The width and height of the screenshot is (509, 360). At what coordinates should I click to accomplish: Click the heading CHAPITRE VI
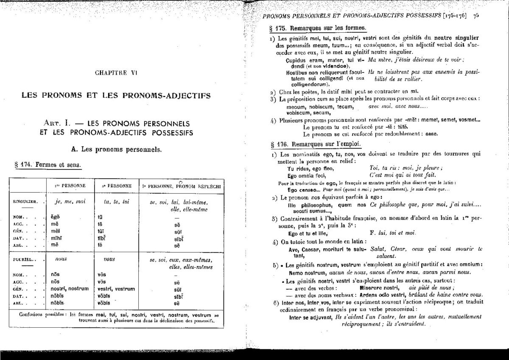point(115,73)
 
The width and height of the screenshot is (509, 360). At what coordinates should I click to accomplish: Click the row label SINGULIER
point(26,202)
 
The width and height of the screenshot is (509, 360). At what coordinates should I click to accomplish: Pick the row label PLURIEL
point(24,259)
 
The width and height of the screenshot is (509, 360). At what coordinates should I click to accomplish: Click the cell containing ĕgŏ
point(56,217)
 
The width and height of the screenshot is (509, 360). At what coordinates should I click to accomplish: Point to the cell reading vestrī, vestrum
point(116,289)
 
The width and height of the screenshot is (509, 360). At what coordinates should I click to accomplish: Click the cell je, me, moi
point(70,202)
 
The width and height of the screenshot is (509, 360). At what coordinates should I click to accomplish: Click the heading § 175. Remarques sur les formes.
point(318,28)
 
